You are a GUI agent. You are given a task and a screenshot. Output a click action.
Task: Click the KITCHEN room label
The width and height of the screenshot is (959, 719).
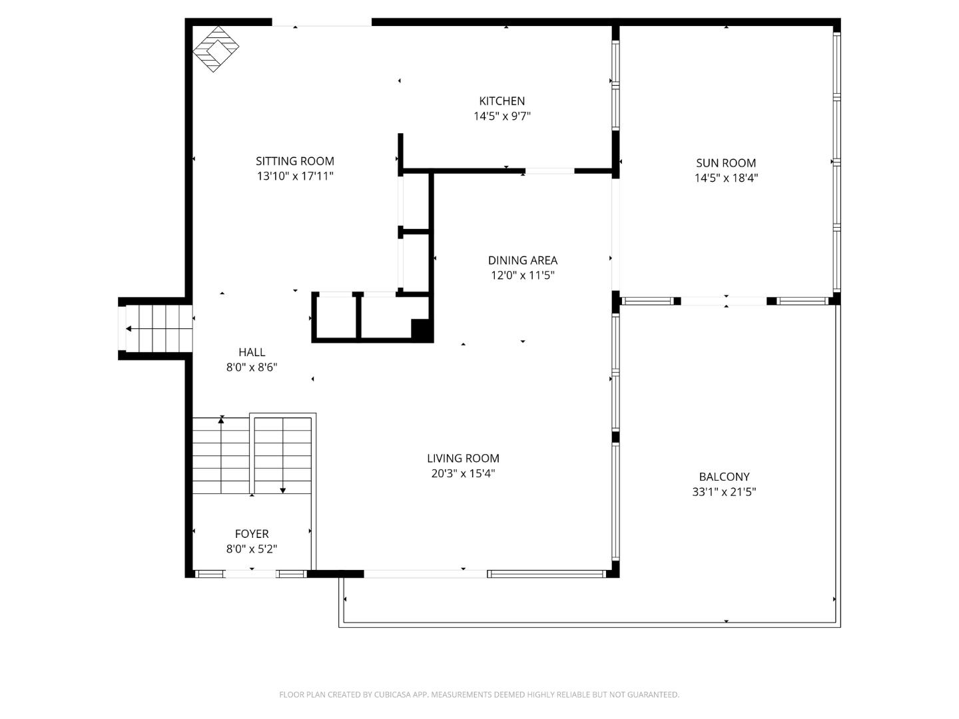point(501,101)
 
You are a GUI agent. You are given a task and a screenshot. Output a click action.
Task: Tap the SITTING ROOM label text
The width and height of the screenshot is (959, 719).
point(294,161)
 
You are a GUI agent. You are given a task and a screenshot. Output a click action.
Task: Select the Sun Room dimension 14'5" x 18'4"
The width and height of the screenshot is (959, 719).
point(726,178)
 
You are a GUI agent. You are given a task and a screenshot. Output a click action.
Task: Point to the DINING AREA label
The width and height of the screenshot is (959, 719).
point(522,260)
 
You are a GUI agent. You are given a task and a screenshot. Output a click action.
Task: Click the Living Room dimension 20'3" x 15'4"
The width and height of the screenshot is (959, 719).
point(463,473)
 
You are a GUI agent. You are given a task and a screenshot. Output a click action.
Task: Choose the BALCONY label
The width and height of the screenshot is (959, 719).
point(724,477)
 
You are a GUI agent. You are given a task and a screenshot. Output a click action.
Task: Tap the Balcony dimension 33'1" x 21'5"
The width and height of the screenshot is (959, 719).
point(724,492)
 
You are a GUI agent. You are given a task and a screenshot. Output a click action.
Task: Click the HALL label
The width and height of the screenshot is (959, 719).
point(252,352)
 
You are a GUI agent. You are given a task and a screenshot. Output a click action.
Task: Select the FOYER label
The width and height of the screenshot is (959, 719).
point(252,534)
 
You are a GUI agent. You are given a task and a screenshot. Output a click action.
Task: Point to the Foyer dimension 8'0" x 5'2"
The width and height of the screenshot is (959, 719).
point(252,549)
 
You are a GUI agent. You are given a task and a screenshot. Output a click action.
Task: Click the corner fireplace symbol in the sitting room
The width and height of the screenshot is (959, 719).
point(216,49)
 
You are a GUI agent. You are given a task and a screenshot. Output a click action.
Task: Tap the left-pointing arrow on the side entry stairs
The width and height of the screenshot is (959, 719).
point(129,329)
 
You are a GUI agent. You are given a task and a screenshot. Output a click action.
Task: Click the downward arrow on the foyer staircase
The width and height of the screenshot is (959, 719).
point(283,490)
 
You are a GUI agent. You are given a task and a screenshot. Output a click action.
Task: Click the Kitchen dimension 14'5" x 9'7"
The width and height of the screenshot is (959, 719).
point(501,117)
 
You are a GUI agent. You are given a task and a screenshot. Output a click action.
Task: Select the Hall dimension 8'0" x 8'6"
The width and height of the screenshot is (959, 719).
point(252,367)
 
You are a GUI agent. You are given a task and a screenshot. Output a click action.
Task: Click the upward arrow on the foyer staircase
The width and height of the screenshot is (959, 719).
point(221,420)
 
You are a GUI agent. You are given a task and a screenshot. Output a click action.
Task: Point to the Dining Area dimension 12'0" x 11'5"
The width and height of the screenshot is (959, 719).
point(522,276)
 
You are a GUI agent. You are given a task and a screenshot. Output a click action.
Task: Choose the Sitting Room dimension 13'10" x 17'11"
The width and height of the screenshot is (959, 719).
point(294,176)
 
